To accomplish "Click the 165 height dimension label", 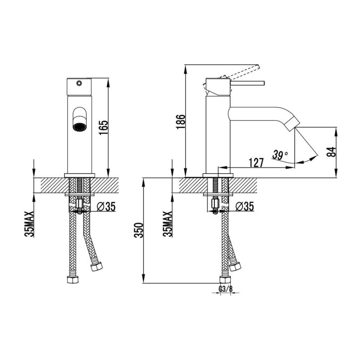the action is (103, 128).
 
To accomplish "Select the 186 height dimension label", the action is (181, 122).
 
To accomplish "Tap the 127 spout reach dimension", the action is (256, 162).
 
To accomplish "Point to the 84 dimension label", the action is (331, 152).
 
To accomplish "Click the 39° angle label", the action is (280, 155).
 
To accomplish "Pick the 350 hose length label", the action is (139, 230).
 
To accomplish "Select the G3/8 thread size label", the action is (225, 289).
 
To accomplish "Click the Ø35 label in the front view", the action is (106, 206).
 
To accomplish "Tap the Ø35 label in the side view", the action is (245, 206).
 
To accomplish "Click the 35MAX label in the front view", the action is (30, 224).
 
